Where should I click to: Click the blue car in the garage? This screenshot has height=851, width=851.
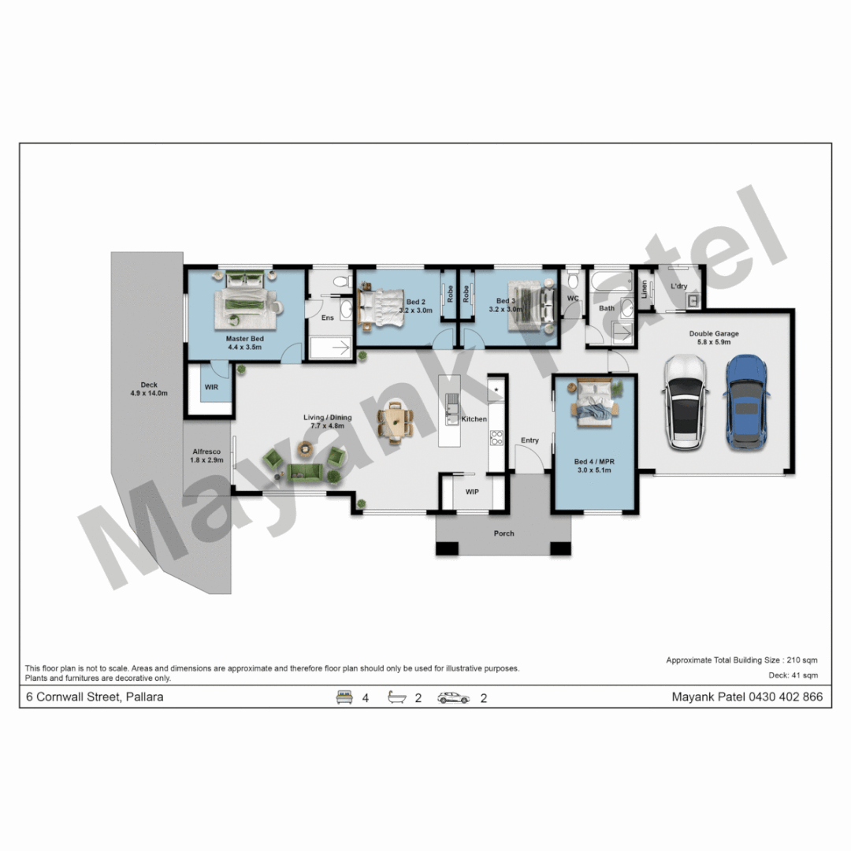tap(745, 402)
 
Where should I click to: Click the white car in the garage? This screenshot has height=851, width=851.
tap(686, 402)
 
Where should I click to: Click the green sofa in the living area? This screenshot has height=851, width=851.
tap(305, 472)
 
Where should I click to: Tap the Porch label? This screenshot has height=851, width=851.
tap(504, 533)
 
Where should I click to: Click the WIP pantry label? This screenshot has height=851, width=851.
tap(472, 492)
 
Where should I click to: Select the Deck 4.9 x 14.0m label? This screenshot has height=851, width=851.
tap(149, 388)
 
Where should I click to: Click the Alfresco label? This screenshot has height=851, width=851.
tap(206, 455)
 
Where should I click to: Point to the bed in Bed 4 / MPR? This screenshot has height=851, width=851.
tap(594, 403)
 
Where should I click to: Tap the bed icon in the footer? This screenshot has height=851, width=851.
tap(344, 697)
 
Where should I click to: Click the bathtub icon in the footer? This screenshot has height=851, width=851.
tap(396, 697)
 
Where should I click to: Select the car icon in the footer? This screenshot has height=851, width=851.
tap(453, 698)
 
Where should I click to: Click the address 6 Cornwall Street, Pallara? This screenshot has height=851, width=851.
tap(95, 697)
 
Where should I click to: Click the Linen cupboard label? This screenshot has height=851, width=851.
tap(645, 288)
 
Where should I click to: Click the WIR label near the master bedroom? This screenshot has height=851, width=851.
tap(211, 387)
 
